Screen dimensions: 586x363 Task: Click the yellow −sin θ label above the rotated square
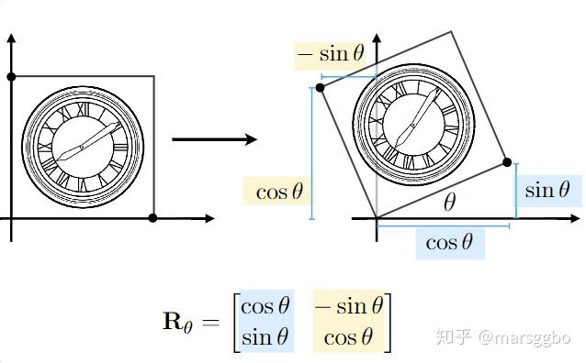(331, 54)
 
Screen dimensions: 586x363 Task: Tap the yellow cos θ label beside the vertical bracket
(279, 192)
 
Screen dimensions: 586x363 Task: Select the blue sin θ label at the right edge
(547, 190)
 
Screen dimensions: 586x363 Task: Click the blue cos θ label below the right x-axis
(449, 243)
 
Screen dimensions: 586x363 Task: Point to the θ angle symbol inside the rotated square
(449, 203)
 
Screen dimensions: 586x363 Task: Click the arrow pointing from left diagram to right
(215, 139)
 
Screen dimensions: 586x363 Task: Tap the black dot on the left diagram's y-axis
(11, 77)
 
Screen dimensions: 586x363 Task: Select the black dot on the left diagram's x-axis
(152, 218)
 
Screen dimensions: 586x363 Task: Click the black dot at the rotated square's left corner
(320, 88)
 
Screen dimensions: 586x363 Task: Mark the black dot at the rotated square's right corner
(507, 162)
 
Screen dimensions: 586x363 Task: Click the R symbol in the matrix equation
(173, 321)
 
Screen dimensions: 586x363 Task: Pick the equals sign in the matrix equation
(210, 322)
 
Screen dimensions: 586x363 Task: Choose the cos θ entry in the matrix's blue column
(265, 306)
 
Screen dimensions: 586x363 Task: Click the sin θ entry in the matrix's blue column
(265, 337)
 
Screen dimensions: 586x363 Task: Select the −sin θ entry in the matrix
(349, 306)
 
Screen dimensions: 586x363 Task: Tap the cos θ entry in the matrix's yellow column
(348, 337)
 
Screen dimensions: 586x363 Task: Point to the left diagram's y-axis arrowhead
(11, 38)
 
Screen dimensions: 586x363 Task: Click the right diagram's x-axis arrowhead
(574, 218)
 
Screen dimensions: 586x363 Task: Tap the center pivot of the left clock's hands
(82, 148)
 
